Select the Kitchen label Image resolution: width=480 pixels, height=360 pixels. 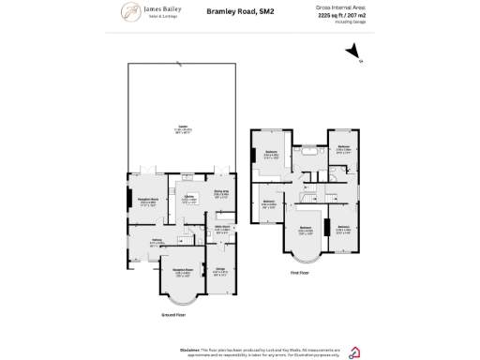tap(188, 198)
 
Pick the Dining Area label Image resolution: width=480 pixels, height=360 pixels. tap(222, 192)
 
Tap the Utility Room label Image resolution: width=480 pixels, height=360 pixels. tap(221, 227)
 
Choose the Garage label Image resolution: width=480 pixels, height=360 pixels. tap(220, 271)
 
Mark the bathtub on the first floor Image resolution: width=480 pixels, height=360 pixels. tap(307, 150)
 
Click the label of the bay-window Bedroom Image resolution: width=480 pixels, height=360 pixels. tap(305, 229)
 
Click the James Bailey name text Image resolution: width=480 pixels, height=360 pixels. tap(157, 9)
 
